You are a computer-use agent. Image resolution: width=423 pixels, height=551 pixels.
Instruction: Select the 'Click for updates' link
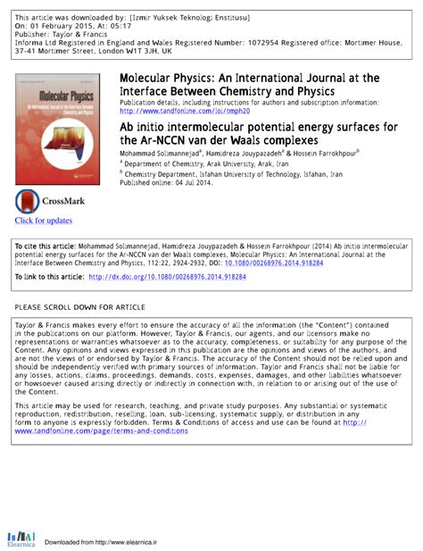pyautogui.click(x=44, y=221)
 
